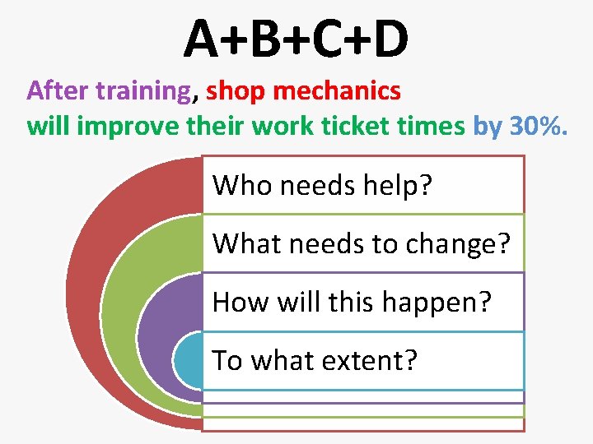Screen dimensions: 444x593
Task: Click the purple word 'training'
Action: [x=142, y=91]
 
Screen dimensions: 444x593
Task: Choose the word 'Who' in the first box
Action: [x=243, y=185]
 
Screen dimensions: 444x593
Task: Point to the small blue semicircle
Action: [x=189, y=362]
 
